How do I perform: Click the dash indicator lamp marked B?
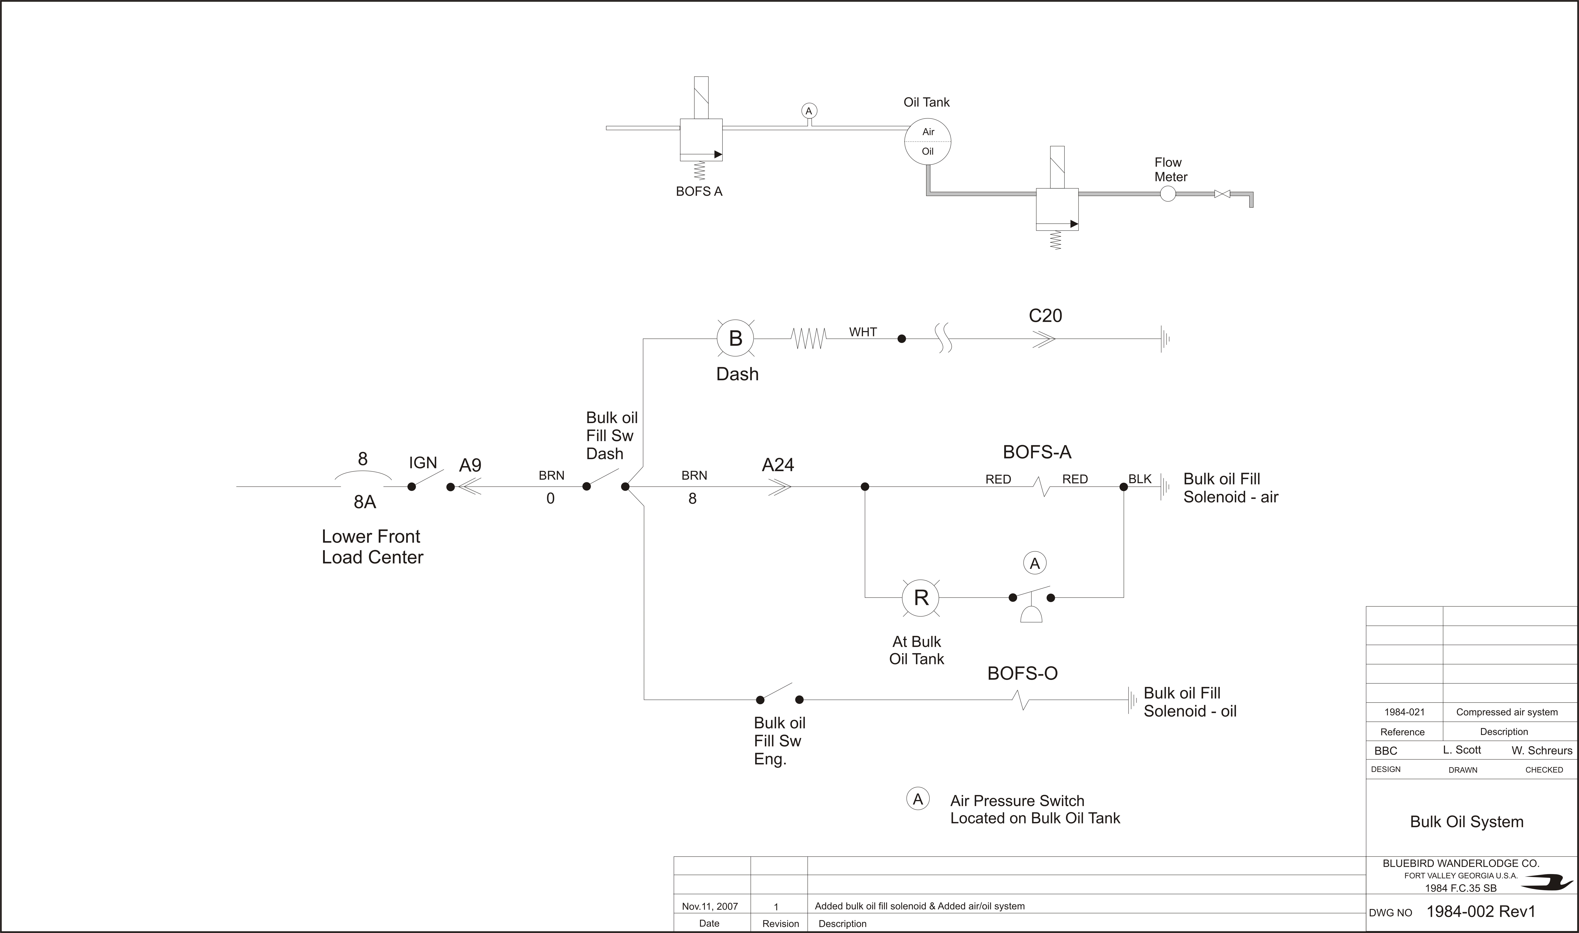(x=735, y=338)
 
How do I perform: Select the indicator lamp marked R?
(x=921, y=597)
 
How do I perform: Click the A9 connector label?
(x=470, y=465)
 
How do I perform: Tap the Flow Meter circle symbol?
(x=1167, y=194)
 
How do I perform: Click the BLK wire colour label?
(x=1140, y=479)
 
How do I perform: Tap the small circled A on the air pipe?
(x=809, y=111)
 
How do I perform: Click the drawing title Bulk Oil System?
(x=1466, y=822)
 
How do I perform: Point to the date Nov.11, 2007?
(x=710, y=906)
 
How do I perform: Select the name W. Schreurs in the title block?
(x=1542, y=750)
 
